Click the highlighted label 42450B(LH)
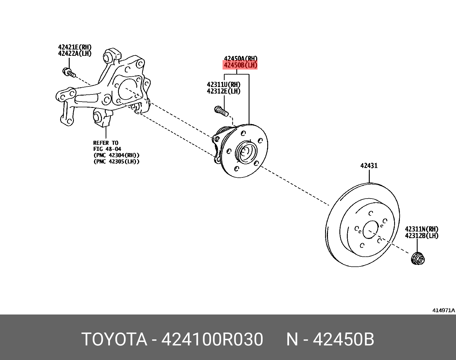pos(240,65)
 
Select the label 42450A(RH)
pos(240,59)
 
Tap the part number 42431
pos(369,166)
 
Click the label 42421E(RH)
pos(74,47)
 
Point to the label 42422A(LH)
pos(74,54)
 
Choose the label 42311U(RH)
pos(223,85)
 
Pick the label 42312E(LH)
pos(223,91)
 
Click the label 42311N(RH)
pos(421,229)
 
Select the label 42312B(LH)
pos(421,236)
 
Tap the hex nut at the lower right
pos(418,259)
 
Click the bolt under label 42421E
pos(69,72)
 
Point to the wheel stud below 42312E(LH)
pos(221,111)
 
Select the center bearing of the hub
pos(245,152)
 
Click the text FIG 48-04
pos(107,149)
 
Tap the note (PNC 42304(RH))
pos(116,155)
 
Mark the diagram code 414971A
pos(443,310)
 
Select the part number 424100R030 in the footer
pos(212,339)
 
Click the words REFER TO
pos(105,143)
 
